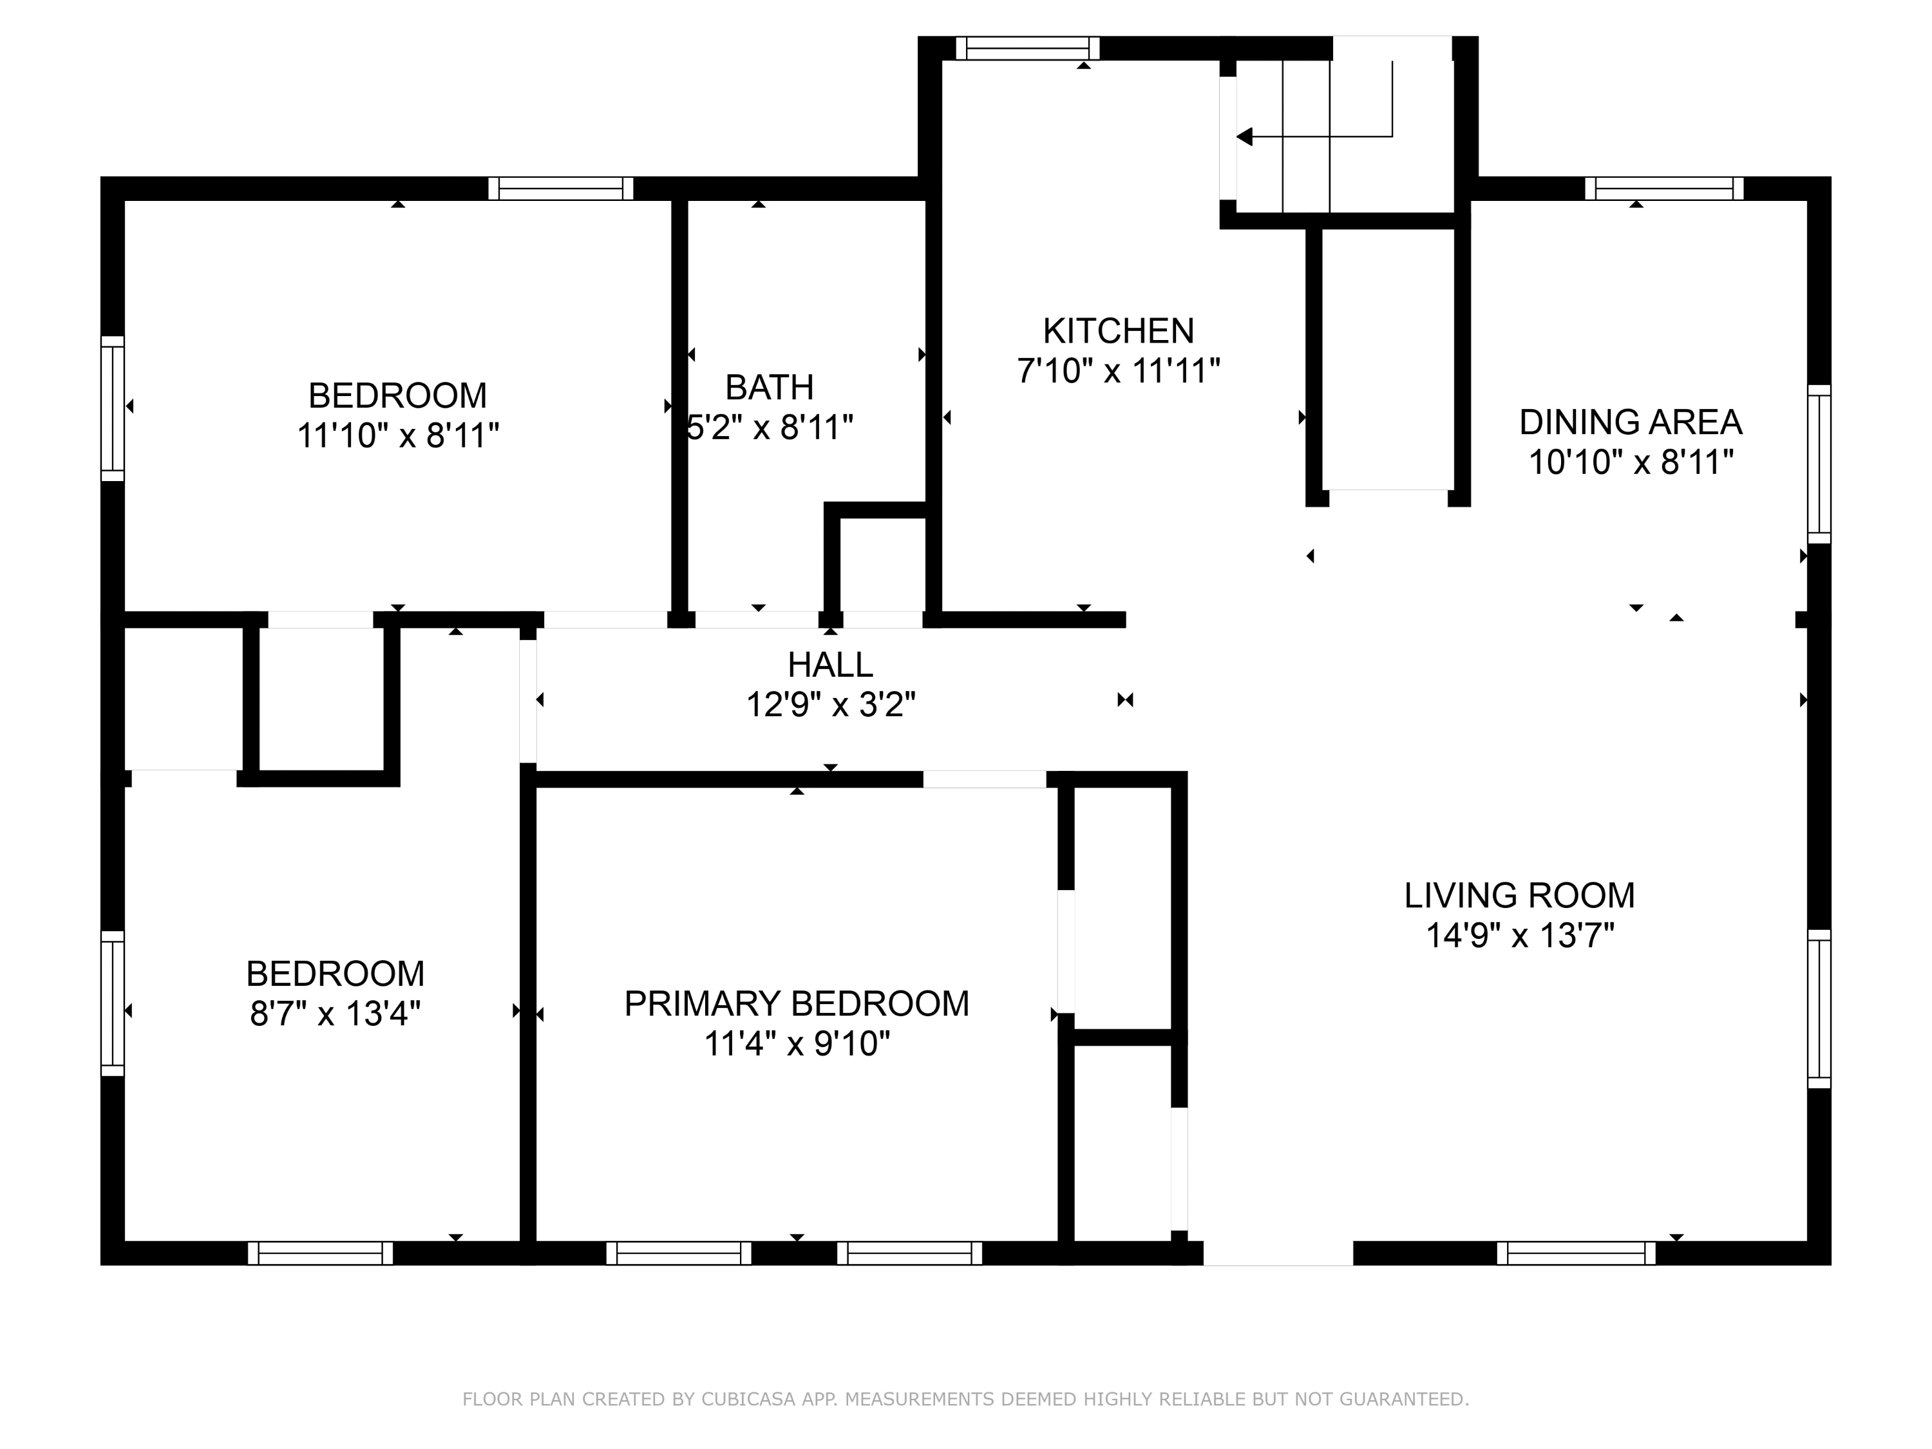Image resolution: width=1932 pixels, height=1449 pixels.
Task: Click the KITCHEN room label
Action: [1118, 331]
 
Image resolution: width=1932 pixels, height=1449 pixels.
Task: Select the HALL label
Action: [829, 665]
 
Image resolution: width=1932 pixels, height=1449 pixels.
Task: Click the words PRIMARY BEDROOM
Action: [797, 1003]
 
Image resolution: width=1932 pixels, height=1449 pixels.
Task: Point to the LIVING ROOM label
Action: [1519, 895]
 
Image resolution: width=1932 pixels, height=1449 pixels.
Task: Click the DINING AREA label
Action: [1630, 422]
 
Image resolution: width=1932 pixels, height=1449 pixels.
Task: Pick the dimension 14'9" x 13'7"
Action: [1519, 936]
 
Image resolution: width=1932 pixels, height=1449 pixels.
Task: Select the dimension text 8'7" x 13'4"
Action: [336, 1014]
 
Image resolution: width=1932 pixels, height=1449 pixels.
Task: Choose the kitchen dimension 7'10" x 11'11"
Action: [1118, 371]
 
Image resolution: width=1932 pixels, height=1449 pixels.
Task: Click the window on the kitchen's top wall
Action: [1027, 48]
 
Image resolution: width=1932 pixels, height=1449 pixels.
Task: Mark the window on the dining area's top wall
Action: [1664, 189]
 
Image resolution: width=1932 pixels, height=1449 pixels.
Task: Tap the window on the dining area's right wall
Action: [1819, 464]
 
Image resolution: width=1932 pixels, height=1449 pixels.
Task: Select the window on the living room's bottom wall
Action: [1576, 1253]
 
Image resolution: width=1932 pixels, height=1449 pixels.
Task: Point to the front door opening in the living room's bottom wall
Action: [1278, 1253]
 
